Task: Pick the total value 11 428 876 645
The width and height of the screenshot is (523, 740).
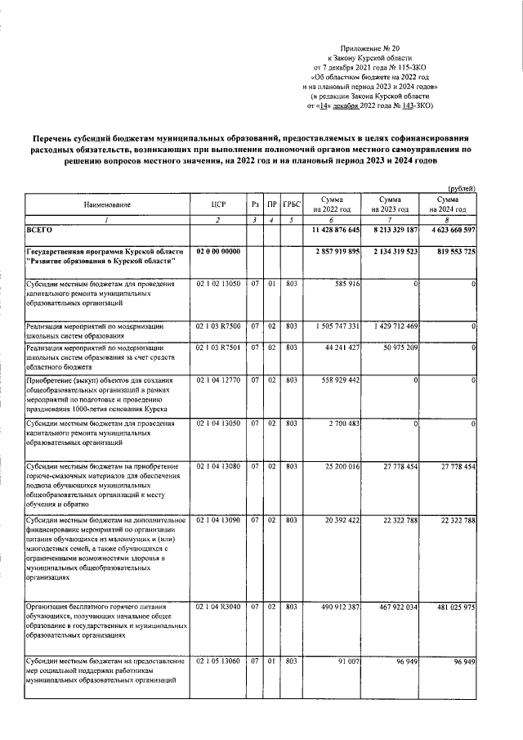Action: click(x=331, y=231)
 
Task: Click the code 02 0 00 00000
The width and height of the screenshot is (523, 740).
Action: click(x=217, y=250)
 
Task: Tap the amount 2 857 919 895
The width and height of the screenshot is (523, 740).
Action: click(x=331, y=251)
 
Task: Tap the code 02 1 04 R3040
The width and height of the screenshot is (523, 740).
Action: click(x=217, y=608)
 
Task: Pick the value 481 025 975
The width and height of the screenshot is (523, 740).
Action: click(x=450, y=608)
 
